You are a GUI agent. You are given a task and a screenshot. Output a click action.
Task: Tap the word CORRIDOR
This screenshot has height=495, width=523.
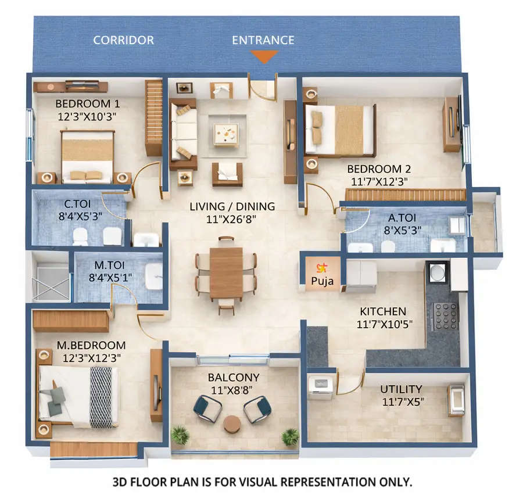coord(123,40)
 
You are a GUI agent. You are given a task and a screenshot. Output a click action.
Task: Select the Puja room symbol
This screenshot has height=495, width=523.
coord(320,268)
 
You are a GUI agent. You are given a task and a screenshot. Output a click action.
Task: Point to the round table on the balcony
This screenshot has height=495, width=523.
coord(232,424)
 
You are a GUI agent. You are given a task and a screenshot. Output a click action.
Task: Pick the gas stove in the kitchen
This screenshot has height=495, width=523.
coord(445,316)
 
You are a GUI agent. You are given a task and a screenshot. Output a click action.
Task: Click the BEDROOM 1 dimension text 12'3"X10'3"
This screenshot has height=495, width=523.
coord(87,116)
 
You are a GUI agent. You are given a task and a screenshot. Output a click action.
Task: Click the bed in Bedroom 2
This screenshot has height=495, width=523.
coord(340,130)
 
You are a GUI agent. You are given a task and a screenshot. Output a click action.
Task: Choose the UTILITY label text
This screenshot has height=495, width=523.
coord(401,389)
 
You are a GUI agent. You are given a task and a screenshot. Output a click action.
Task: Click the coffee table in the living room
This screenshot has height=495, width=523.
coord(225,134)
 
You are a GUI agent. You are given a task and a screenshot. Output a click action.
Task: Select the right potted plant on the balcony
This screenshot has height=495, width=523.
coord(289,436)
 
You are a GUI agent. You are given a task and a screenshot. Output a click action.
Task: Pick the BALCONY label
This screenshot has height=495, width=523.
coord(233,377)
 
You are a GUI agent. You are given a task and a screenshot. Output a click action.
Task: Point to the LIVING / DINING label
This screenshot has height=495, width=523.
coord(232,206)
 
